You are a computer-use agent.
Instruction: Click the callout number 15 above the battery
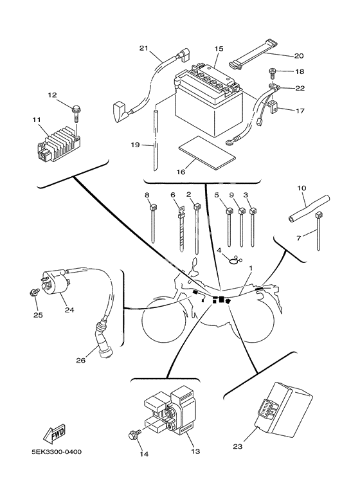pyautogui.click(x=219, y=48)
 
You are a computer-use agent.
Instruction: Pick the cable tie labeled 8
pyautogui.click(x=153, y=222)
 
